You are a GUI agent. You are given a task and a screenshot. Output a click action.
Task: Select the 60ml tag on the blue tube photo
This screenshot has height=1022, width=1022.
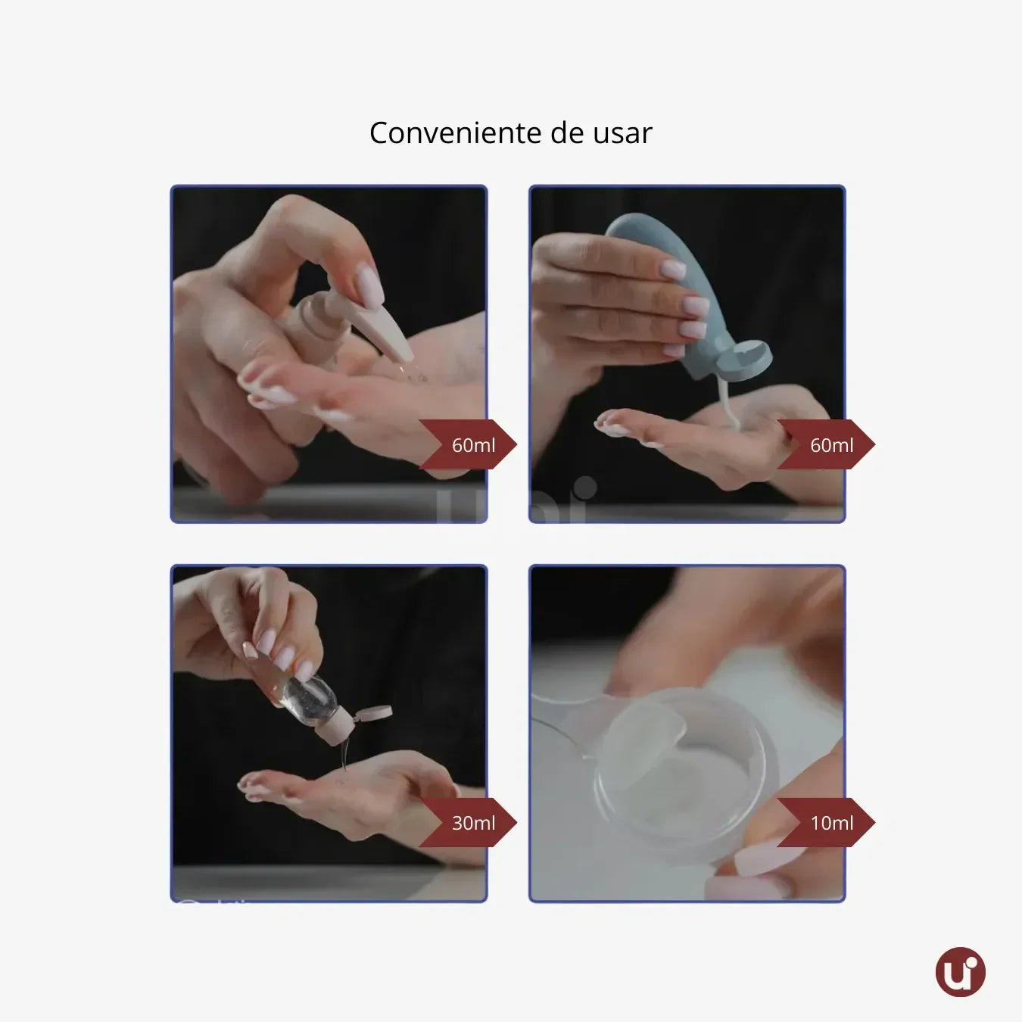829,445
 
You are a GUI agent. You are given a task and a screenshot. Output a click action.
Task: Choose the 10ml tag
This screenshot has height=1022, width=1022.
829,823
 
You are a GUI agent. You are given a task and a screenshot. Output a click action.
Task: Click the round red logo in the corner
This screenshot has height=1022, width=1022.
960,972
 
